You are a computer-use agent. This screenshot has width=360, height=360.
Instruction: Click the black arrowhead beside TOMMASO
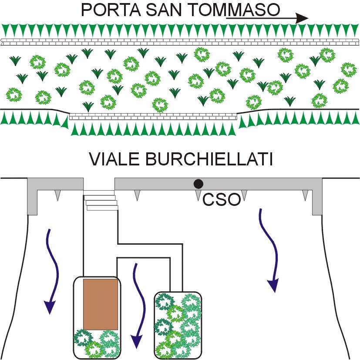[302, 18]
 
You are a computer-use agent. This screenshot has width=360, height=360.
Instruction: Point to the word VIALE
[114, 159]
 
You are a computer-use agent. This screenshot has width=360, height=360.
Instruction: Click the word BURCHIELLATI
[209, 159]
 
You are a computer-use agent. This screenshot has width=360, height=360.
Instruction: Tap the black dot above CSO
[199, 184]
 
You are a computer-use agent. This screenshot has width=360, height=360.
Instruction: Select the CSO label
[222, 199]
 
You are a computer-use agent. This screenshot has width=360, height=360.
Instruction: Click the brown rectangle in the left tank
[101, 304]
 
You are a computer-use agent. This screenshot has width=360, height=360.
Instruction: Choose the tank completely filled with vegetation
[178, 325]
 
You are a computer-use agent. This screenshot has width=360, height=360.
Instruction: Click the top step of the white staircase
[99, 192]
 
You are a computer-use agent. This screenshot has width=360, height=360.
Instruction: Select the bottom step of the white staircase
[102, 208]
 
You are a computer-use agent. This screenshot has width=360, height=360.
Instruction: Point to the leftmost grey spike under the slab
[57, 195]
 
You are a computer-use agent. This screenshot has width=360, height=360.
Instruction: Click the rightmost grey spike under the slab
[305, 195]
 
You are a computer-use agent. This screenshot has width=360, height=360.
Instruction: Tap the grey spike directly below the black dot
[198, 195]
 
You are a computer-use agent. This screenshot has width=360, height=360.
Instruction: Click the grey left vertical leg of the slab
[32, 202]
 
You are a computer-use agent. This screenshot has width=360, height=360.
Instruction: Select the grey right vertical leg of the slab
[317, 202]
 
